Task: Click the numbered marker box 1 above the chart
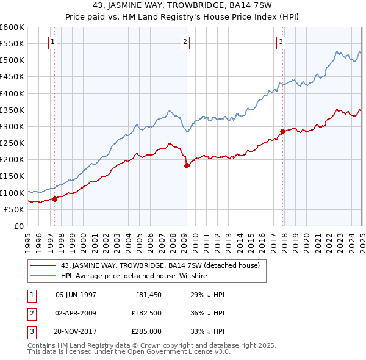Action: click(54, 42)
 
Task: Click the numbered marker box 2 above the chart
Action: click(185, 42)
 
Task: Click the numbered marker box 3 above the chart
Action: click(281, 42)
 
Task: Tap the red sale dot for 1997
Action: click(54, 198)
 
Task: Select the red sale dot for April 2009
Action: click(187, 165)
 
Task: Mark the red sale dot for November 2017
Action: click(283, 131)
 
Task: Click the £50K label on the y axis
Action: click(14, 209)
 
